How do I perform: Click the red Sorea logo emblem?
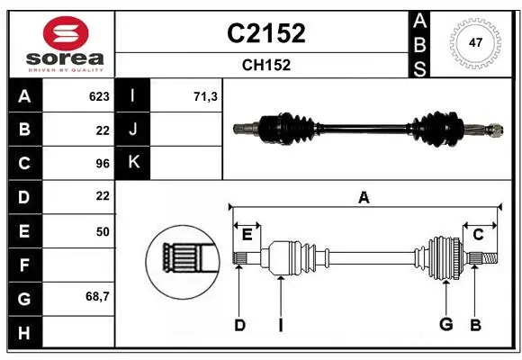tap(66, 33)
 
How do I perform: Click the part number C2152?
tap(266, 33)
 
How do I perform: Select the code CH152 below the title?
tap(266, 65)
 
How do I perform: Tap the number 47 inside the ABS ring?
tap(475, 42)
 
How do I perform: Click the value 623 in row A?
tap(99, 96)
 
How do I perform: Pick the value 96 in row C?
tap(103, 164)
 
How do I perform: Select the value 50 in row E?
tap(103, 231)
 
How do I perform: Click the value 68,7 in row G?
tap(97, 296)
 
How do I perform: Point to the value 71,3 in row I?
tap(205, 96)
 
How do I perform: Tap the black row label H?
tap(25, 332)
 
